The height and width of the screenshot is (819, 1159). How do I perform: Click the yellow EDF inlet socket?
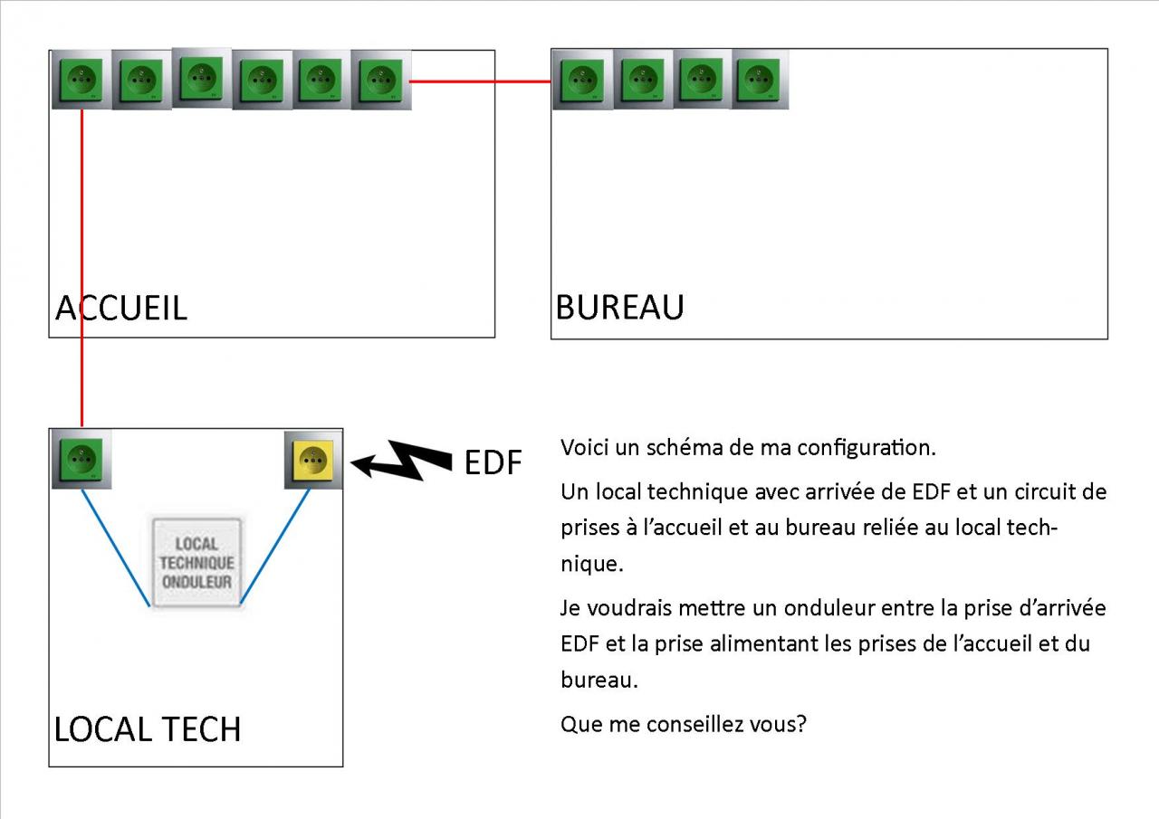coord(313,460)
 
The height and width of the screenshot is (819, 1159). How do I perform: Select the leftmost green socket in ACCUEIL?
coord(81,81)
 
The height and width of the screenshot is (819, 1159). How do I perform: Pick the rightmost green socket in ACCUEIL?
coord(381,81)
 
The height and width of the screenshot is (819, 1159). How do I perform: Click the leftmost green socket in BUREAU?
coord(582,81)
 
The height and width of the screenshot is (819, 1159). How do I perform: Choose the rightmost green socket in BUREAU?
coord(760,79)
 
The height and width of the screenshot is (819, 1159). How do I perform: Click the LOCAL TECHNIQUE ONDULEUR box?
coord(196,562)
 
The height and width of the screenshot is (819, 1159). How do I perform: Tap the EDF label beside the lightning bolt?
coord(493,462)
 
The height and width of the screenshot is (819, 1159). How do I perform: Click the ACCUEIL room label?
coord(121,309)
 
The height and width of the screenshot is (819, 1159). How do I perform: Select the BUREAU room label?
coord(619,308)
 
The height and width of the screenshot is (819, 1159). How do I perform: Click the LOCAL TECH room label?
coord(148,729)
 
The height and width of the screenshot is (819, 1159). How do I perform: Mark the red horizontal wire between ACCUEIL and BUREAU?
coord(480,81)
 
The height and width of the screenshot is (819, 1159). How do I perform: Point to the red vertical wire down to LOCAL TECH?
coord(82,271)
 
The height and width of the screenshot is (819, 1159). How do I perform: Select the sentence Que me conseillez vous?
coord(683,725)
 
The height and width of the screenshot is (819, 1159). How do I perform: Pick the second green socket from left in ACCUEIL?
coord(141,81)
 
